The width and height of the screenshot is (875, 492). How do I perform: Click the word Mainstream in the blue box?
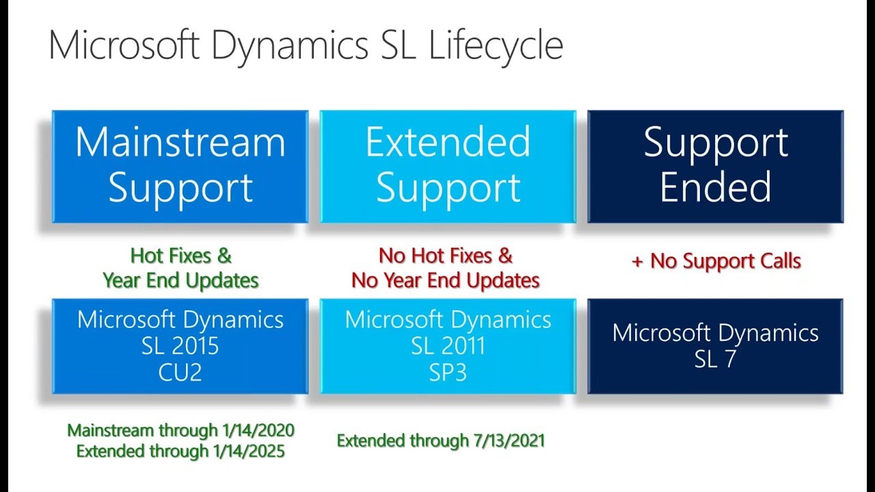coord(180,141)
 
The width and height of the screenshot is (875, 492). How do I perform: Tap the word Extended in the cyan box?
coord(448,141)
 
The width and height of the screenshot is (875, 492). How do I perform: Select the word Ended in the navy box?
coord(715,187)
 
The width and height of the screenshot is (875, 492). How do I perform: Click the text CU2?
coord(180,373)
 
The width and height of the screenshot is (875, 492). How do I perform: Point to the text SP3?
coord(448,373)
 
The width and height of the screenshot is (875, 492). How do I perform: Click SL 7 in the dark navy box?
coord(715,359)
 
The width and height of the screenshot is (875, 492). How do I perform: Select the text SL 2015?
coord(180,346)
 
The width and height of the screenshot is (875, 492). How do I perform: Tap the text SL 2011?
coord(448,346)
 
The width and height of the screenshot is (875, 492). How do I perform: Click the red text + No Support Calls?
coord(715,260)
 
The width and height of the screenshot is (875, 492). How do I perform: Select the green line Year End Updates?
coord(180,280)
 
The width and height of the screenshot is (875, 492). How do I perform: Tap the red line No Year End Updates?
coord(446,280)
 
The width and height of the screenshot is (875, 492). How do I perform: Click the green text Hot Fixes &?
coord(180,256)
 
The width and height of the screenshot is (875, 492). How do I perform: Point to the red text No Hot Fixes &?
coord(446,256)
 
